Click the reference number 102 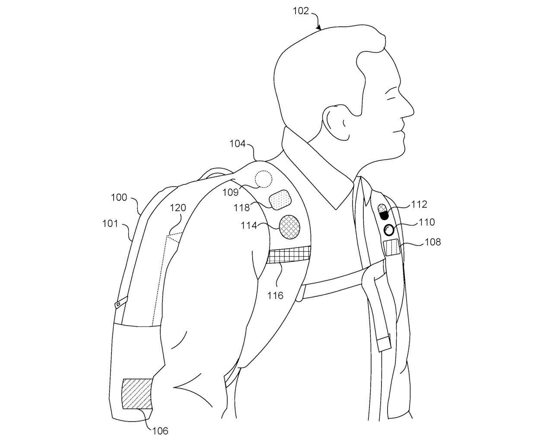click(301, 11)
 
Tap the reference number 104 click(238, 143)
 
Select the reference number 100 click(119, 197)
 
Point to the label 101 click(111, 223)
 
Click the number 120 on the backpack click(178, 208)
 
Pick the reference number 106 click(160, 430)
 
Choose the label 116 click(275, 295)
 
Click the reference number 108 click(432, 242)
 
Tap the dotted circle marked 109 click(263, 178)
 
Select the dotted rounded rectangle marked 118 click(280, 200)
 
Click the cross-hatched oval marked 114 click(289, 227)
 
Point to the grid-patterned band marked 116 click(289, 255)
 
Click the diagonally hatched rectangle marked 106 click(137, 393)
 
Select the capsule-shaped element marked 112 click(383, 211)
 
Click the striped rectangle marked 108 click(393, 248)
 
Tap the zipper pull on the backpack click(119, 304)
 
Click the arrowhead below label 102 click(320, 28)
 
